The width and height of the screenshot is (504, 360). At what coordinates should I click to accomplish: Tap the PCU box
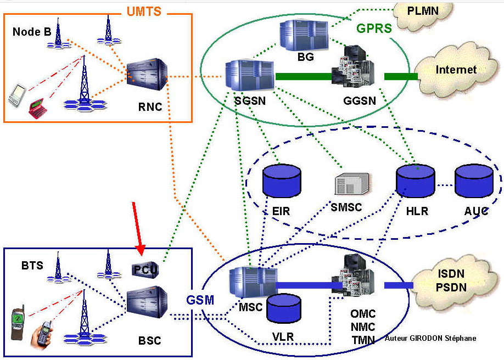coord(145,269)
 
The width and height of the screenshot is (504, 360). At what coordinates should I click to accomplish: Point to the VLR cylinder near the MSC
coord(284,310)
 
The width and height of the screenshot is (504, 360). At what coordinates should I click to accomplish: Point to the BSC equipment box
coord(147,302)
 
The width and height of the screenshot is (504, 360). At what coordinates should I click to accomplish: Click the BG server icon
coord(304,36)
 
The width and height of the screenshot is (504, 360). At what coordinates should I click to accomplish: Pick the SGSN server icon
coord(249,76)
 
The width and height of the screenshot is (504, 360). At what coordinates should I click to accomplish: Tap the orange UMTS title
coord(144,11)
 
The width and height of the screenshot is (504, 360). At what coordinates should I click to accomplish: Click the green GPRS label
coord(374,29)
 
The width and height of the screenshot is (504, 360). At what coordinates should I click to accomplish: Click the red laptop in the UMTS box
coord(37,106)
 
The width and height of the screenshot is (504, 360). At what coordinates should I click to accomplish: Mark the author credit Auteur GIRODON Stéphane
coord(431,339)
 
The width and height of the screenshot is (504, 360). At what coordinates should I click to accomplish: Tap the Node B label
coord(32,32)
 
